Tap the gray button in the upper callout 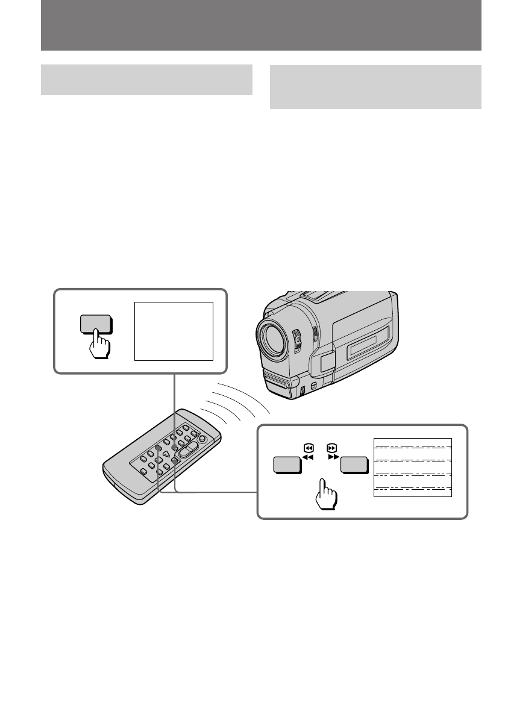pyautogui.click(x=95, y=324)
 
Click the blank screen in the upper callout pyautogui.click(x=174, y=331)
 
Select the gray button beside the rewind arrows pyautogui.click(x=287, y=465)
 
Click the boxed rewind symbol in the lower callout pyautogui.click(x=308, y=448)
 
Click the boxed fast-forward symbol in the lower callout pyautogui.click(x=331, y=448)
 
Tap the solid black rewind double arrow pyautogui.click(x=308, y=457)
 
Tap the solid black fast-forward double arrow pyautogui.click(x=332, y=457)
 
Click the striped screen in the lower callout pyautogui.click(x=413, y=468)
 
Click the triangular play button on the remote pyautogui.click(x=165, y=453)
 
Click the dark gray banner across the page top pyautogui.click(x=261, y=26)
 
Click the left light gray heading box pyautogui.click(x=146, y=80)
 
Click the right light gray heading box pyautogui.click(x=375, y=87)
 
